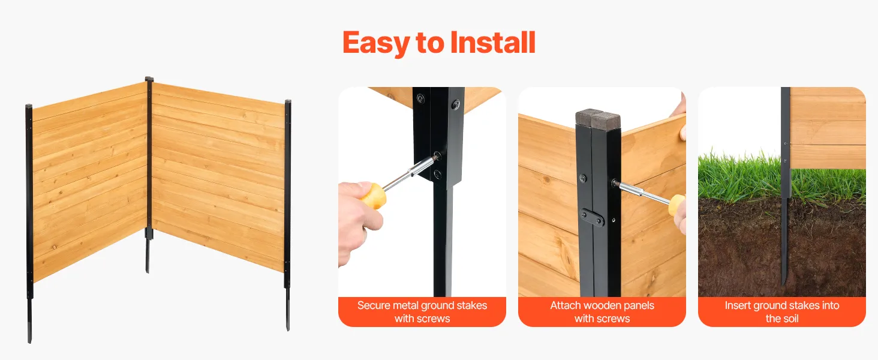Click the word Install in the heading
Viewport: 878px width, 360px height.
493,42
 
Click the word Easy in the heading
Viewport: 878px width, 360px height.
376,44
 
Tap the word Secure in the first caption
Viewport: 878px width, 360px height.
374,305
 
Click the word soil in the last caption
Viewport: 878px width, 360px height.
790,319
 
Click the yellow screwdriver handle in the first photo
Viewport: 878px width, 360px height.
374,196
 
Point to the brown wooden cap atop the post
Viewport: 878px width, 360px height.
598,117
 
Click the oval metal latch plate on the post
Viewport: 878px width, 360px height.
592,217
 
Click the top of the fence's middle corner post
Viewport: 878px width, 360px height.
149,79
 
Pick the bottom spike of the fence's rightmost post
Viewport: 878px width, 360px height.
288,310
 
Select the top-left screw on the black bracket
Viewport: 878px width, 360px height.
420,98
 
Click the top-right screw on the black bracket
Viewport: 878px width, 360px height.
456,104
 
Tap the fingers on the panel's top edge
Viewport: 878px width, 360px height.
681,118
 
